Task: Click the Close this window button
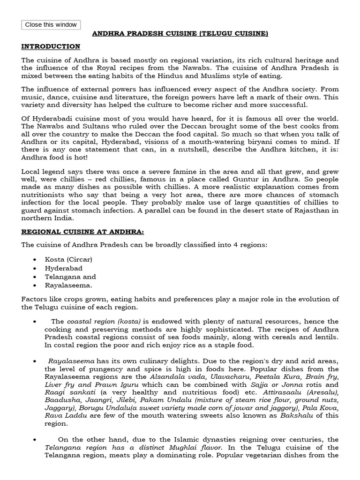click(x=51, y=25)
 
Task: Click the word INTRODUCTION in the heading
click(x=51, y=46)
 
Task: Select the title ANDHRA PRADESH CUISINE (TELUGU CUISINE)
click(x=180, y=34)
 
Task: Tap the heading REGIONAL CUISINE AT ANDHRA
click(x=76, y=232)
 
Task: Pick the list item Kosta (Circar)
click(x=68, y=259)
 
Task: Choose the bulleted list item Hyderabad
click(x=64, y=268)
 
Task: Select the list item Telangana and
click(x=70, y=277)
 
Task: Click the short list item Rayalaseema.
click(x=68, y=285)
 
